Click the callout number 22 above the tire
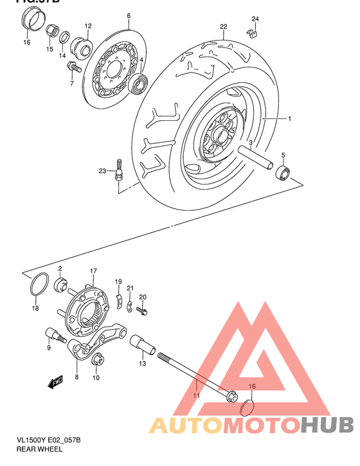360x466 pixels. [224, 27]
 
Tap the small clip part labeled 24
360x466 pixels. [253, 31]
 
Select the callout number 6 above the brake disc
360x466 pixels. [129, 15]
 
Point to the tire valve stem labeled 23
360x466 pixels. [118, 173]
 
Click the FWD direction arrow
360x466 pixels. [55, 382]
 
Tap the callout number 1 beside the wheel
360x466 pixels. [289, 119]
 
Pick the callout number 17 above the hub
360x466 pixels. [93, 271]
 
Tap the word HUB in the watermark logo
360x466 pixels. [328, 424]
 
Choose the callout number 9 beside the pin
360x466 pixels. [48, 348]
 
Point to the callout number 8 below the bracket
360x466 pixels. [76, 377]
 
